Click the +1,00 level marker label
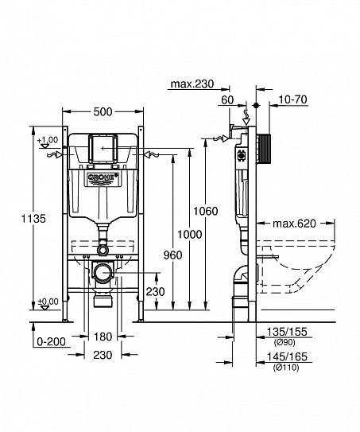point(47,141)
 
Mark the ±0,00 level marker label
point(47,301)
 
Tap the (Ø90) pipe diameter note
point(284,341)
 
